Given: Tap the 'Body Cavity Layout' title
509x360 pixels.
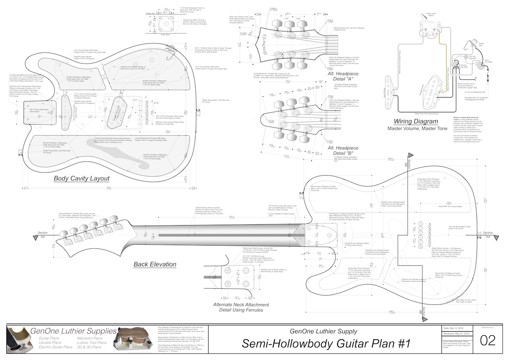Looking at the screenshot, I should point(81,178).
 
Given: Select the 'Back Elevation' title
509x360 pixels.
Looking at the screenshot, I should point(155,264).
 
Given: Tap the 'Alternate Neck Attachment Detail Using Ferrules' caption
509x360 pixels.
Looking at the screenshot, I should point(241,307).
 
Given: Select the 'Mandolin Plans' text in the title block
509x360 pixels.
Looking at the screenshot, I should point(89,338).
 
